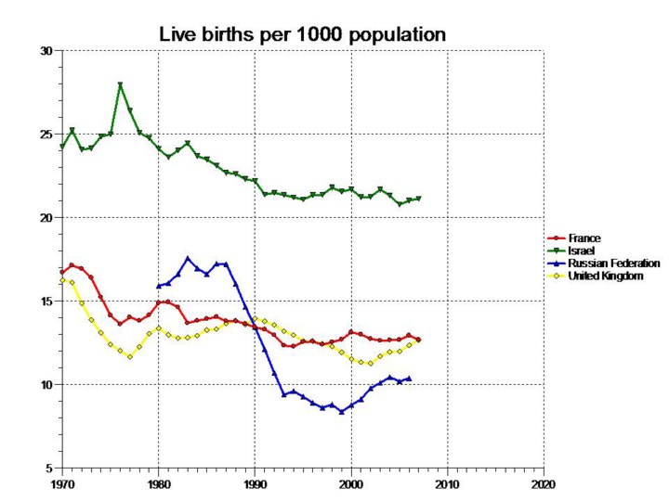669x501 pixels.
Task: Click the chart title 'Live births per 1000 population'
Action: coord(303,34)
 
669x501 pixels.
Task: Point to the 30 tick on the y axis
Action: coord(46,50)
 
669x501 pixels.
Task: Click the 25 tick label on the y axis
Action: coord(46,134)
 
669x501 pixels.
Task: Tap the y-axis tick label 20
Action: coord(46,217)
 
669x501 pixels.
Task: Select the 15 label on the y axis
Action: coord(46,301)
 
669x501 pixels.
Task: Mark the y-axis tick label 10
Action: coord(46,384)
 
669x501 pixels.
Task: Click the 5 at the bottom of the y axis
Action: coord(48,468)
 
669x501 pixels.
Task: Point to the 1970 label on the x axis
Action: coord(62,484)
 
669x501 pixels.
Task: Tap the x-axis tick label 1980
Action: coord(159,484)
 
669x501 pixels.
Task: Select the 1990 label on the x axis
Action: coord(255,484)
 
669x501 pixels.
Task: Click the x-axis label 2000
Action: coord(351,484)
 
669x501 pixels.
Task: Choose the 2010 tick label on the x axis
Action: coord(447,484)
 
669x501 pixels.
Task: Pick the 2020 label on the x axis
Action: coord(544,484)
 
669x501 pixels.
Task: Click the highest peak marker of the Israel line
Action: coord(120,85)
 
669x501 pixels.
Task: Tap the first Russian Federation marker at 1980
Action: coord(159,286)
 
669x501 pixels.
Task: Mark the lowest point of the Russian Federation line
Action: coord(342,411)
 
